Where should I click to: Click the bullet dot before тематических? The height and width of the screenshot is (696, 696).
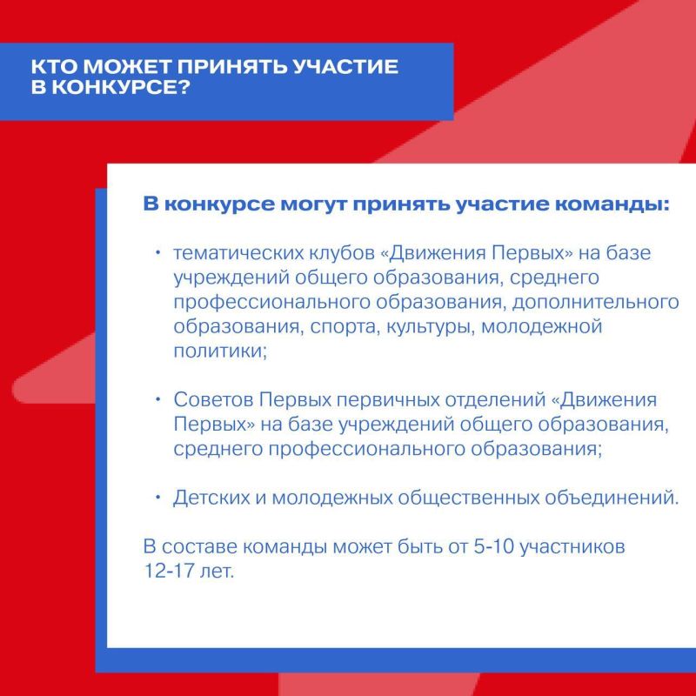(158, 253)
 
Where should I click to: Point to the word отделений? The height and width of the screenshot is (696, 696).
(531, 401)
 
